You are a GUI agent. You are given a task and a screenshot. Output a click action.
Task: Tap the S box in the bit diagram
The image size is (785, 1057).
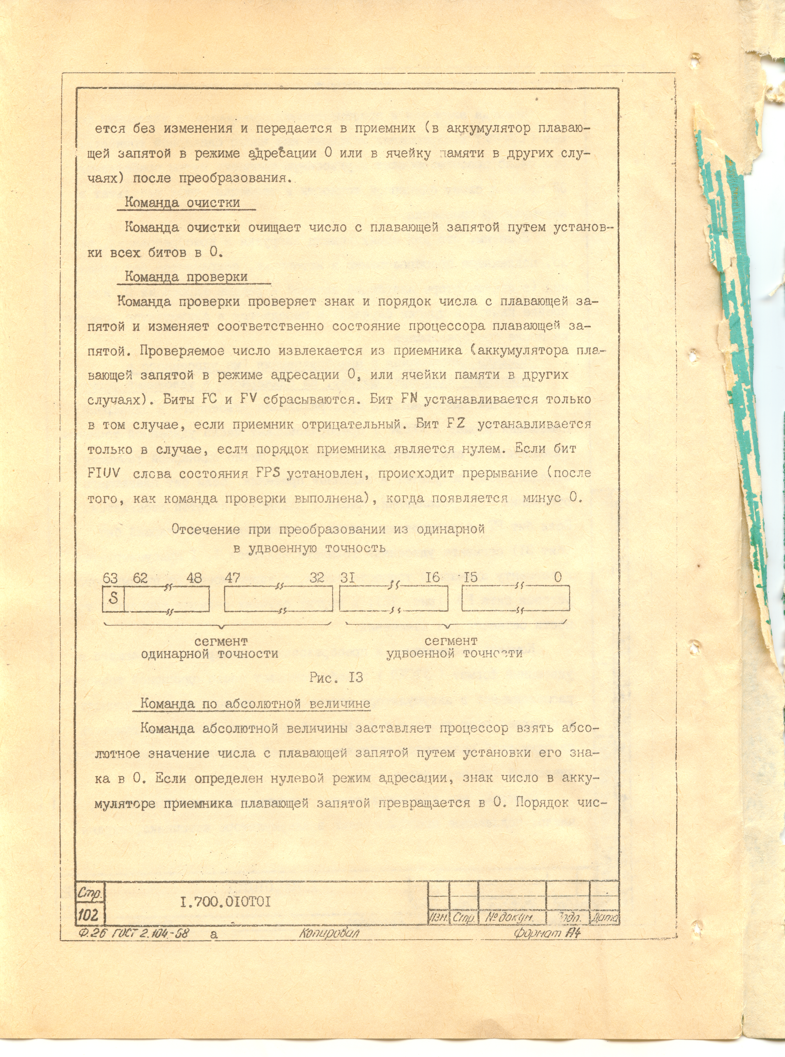(113, 598)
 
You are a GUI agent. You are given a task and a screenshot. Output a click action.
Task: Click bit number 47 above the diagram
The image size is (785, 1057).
(232, 578)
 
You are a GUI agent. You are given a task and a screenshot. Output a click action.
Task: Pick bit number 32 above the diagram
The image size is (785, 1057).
(317, 578)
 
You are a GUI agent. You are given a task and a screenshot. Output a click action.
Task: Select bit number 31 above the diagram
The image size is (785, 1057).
(348, 578)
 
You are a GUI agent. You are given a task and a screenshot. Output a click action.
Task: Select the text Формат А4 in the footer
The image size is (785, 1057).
(547, 933)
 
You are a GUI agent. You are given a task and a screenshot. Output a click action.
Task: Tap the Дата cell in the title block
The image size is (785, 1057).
(604, 918)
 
